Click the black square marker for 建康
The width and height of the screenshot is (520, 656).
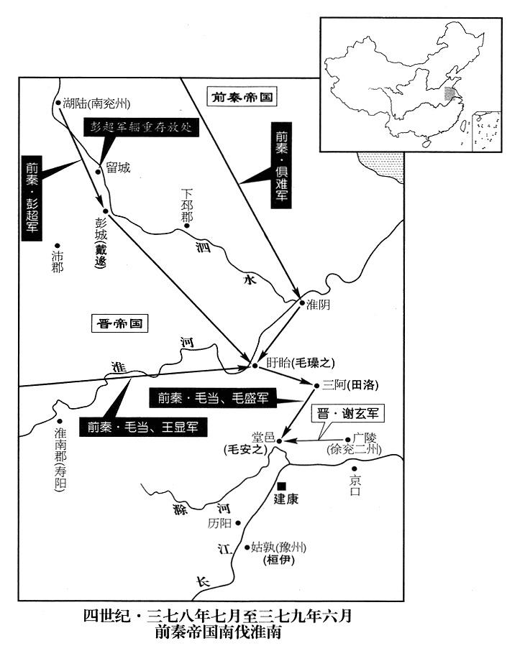click(282, 486)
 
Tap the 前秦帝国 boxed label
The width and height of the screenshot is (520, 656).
click(242, 98)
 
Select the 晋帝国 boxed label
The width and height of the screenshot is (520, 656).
click(119, 323)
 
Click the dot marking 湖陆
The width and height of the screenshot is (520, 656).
click(58, 103)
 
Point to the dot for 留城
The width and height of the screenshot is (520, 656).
click(98, 171)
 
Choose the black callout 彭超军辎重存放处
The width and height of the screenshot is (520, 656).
click(141, 127)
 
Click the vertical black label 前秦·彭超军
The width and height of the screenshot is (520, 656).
click(32, 197)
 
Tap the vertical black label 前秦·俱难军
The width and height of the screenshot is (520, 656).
click(281, 165)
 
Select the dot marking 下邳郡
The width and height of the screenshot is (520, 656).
click(187, 226)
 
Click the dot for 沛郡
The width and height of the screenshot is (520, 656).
click(58, 246)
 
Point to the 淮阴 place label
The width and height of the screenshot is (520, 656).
click(318, 305)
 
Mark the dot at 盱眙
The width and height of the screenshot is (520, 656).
click(255, 365)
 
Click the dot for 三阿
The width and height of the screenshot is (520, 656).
click(316, 384)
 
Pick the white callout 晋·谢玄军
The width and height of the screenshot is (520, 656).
click(348, 414)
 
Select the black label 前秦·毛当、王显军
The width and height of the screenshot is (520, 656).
click(143, 427)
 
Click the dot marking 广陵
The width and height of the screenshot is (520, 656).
click(347, 440)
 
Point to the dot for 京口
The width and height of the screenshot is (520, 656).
click(354, 469)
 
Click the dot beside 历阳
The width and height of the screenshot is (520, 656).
click(238, 522)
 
